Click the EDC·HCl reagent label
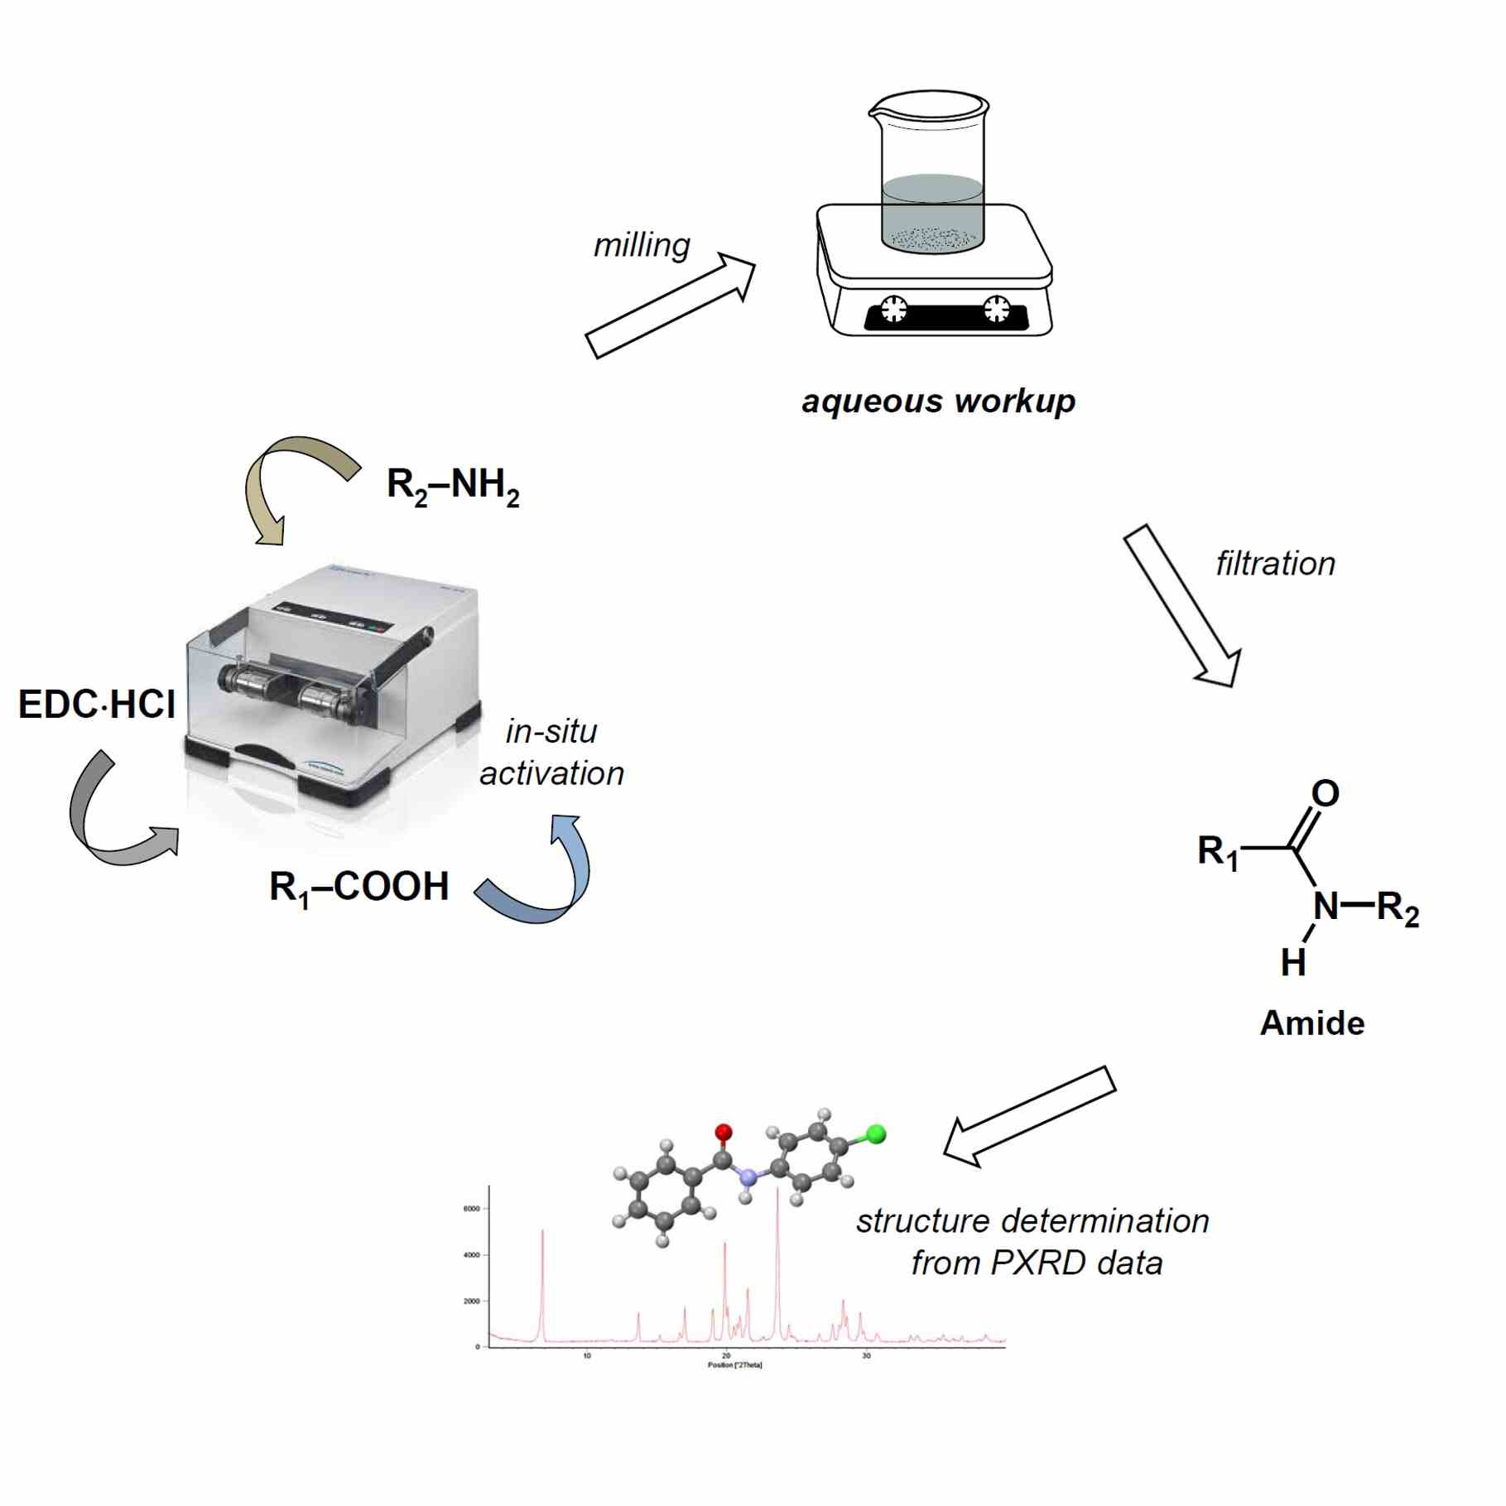point(97,705)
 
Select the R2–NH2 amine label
point(453,486)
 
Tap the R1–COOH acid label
point(359,888)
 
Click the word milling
point(642,245)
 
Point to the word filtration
point(1275,564)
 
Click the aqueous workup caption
point(938,402)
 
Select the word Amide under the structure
point(1312,1023)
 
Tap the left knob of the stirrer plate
point(893,309)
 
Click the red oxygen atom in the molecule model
point(723,1132)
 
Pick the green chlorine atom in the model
point(875,1134)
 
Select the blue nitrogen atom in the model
point(748,1176)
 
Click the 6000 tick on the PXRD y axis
point(471,1209)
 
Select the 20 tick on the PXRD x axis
point(726,1355)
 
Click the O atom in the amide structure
point(1325,793)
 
